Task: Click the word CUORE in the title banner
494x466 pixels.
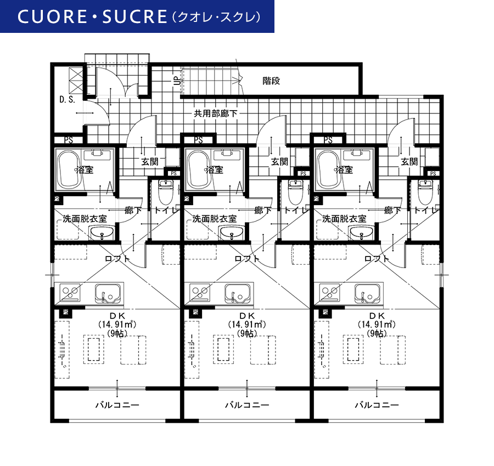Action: [x=52, y=16]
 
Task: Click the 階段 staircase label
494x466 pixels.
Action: [x=271, y=81]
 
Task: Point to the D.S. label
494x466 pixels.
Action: [x=67, y=100]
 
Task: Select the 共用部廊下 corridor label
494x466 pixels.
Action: [x=216, y=113]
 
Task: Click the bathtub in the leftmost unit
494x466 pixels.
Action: [x=69, y=169]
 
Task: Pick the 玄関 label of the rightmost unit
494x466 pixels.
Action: [x=409, y=162]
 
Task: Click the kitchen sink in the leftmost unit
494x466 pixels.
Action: [x=107, y=294]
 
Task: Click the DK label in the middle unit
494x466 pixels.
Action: [x=247, y=316]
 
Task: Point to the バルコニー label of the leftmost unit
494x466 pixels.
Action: [x=117, y=405]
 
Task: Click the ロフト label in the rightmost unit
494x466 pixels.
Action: [x=377, y=259]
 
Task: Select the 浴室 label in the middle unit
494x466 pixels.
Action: [x=215, y=170]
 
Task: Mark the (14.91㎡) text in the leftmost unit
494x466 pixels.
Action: [x=117, y=324]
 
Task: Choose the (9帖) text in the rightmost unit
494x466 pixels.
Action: [x=377, y=333]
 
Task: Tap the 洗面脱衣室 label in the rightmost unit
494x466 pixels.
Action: [x=344, y=219]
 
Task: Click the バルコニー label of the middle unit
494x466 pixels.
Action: [x=247, y=405]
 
